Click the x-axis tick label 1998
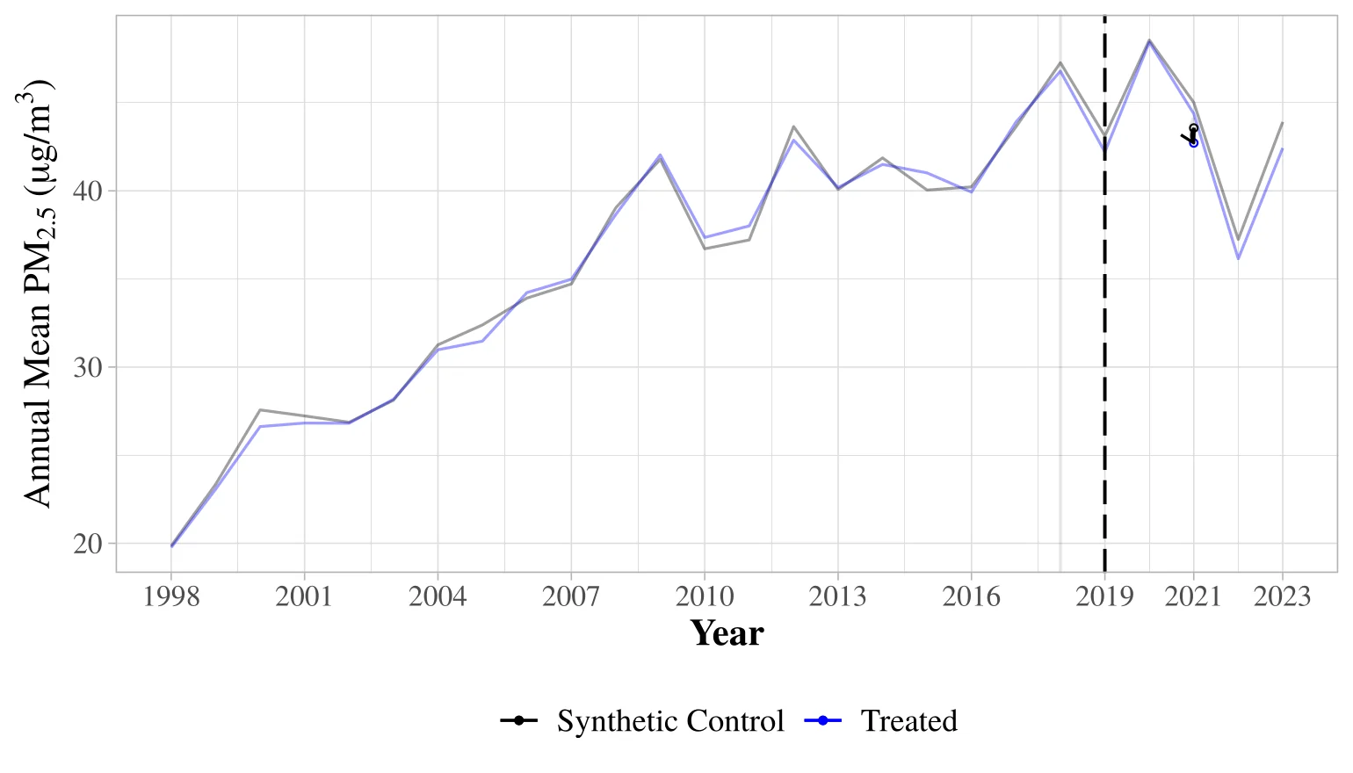click(171, 596)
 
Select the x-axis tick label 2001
click(304, 596)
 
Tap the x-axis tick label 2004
click(438, 596)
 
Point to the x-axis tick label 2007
click(571, 596)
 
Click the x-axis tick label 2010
click(705, 596)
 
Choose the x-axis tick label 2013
click(838, 596)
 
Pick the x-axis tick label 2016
click(972, 596)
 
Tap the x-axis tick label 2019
click(1104, 596)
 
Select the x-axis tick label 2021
click(1193, 596)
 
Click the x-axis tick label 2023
click(1283, 596)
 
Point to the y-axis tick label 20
click(88, 544)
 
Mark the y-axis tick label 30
click(88, 367)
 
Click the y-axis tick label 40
click(88, 191)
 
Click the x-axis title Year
click(727, 633)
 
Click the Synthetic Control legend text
click(670, 720)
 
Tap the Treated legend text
click(909, 720)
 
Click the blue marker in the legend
click(822, 720)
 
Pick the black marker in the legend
click(519, 720)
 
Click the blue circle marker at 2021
click(1193, 142)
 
